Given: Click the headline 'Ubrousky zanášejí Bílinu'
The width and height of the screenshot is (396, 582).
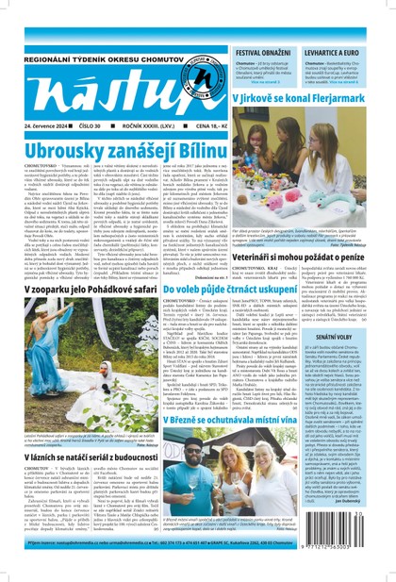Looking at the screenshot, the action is point(116,150).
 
